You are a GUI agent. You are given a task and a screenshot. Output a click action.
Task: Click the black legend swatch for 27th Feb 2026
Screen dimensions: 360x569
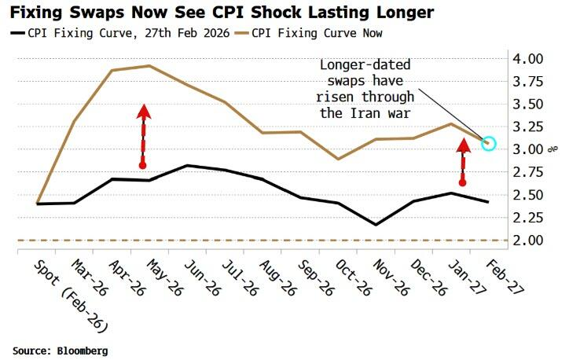17,33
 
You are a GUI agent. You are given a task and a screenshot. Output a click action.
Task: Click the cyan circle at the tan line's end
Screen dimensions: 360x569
488,143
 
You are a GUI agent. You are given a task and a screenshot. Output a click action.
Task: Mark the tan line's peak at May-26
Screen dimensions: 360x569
150,66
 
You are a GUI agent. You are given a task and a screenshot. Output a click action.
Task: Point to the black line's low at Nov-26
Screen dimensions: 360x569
376,225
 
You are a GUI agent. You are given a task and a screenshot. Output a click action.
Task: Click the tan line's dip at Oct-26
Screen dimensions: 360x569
339,159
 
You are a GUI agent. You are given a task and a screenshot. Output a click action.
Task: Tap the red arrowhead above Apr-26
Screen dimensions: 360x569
143,112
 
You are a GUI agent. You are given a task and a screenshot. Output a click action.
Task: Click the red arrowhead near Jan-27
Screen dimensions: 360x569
462,145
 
